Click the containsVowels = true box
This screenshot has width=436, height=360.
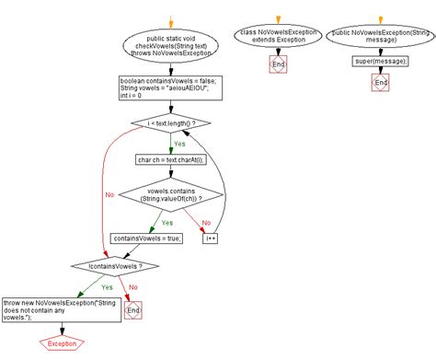pos(146,238)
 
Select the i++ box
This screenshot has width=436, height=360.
pos(211,238)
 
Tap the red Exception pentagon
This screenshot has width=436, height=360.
pos(62,343)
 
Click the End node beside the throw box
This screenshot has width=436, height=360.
pos(134,310)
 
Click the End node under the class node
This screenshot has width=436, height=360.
pos(276,64)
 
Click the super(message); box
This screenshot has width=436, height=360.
pos(378,62)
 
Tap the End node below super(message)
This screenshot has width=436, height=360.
pos(378,83)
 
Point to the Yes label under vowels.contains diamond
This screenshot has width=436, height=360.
pos(166,221)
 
